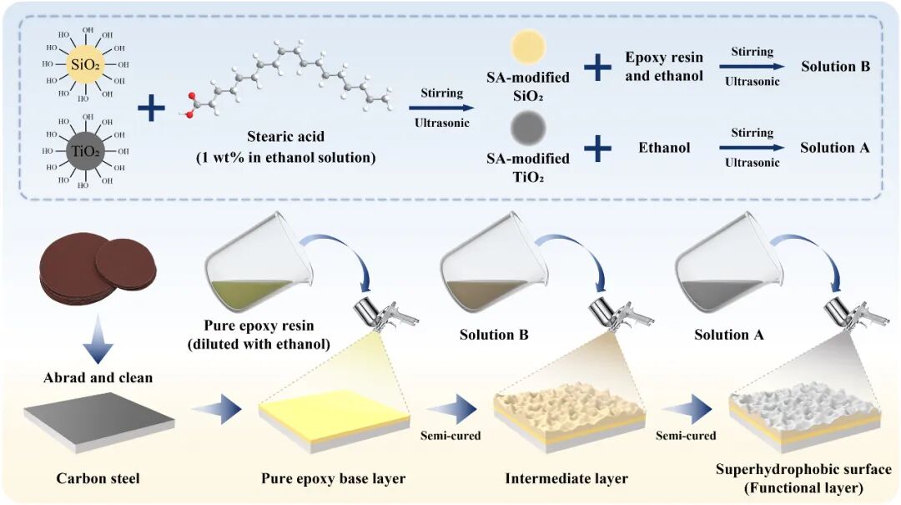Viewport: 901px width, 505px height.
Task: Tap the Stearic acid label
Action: click(286, 136)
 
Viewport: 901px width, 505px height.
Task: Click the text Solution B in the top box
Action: click(835, 65)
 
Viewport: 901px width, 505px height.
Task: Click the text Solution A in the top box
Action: click(835, 148)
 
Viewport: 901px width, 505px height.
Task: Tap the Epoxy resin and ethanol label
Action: click(664, 65)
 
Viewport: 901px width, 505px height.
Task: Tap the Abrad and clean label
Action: click(98, 377)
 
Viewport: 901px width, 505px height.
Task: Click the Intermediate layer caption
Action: click(566, 479)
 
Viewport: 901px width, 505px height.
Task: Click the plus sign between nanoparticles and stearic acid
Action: click(150, 109)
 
